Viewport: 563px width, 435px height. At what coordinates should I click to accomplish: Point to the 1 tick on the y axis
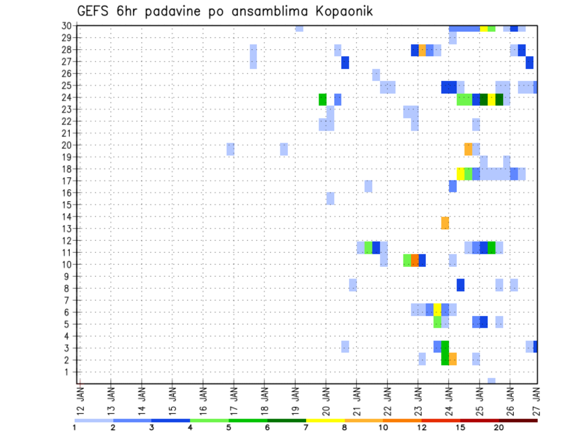pos(69,372)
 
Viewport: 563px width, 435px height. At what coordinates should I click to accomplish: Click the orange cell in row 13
pos(445,223)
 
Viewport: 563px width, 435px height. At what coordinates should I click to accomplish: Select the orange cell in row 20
pos(468,149)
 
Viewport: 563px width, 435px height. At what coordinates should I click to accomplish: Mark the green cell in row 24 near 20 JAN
pos(323,100)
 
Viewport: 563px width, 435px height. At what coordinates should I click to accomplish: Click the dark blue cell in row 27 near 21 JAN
pos(345,63)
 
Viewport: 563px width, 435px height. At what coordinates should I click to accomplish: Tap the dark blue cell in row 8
pos(460,285)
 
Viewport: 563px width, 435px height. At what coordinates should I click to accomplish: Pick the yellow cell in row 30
pos(483,28)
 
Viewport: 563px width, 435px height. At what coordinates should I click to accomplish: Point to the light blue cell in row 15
pos(330,198)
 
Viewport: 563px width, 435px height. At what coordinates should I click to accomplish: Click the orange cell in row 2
pos(453,359)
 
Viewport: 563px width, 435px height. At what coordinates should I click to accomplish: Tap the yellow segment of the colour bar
pos(325,420)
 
